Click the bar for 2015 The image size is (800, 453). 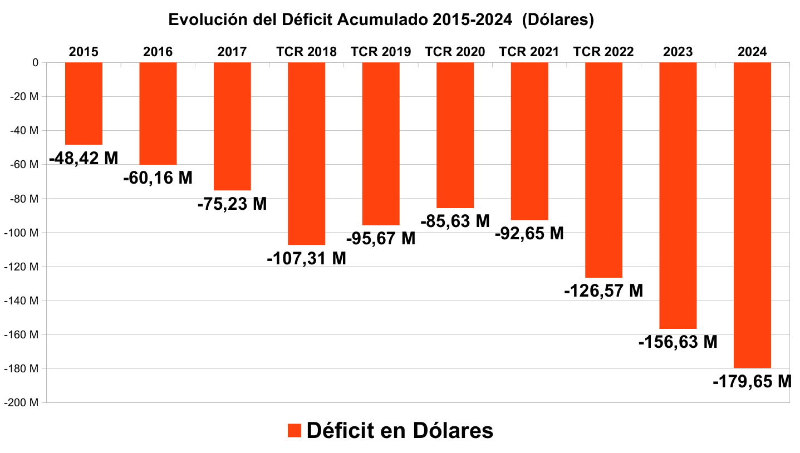(84, 104)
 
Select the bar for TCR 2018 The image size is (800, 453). (306, 154)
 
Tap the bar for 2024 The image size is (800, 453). (752, 215)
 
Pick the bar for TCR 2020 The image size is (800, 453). (455, 135)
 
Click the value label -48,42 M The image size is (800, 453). (84, 159)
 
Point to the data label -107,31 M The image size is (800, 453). (306, 259)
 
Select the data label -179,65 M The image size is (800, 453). (752, 382)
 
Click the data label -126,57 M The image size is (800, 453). (603, 291)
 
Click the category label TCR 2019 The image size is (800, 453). (381, 52)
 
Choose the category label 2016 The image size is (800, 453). (158, 52)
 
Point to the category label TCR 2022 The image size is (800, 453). (603, 52)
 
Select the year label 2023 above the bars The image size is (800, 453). (678, 52)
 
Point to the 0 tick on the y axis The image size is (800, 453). (35, 63)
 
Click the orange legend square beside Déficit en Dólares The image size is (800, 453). (294, 431)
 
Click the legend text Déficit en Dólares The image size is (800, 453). (400, 431)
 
